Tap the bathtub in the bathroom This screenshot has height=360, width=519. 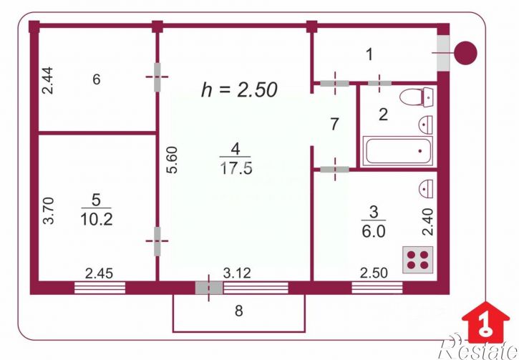pyautogui.click(x=397, y=151)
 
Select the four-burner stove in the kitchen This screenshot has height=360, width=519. pyautogui.click(x=418, y=260)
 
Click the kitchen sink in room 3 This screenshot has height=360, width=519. pyautogui.click(x=426, y=189)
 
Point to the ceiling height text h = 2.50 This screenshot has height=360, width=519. pyautogui.click(x=239, y=89)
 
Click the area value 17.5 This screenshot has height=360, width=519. pyautogui.click(x=236, y=168)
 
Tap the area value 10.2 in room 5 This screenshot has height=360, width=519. pyautogui.click(x=97, y=219)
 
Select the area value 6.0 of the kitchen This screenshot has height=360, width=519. pyautogui.click(x=374, y=232)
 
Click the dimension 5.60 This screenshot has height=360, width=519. pyautogui.click(x=173, y=160)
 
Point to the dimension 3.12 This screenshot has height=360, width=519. pyautogui.click(x=237, y=273)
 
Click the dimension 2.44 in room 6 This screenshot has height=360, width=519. pyautogui.click(x=47, y=80)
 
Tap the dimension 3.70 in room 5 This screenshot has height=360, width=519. pyautogui.click(x=49, y=210)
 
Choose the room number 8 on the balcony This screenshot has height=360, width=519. pyautogui.click(x=238, y=311)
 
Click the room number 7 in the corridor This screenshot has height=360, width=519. pyautogui.click(x=334, y=124)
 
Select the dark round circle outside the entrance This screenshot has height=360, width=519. pyautogui.click(x=465, y=53)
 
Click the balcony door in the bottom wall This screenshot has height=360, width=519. pyautogui.click(x=209, y=288)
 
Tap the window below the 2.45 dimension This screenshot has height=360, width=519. pyautogui.click(x=100, y=288)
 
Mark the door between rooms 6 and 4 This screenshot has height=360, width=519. pyautogui.click(x=157, y=77)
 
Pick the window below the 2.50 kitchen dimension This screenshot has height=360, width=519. pyautogui.click(x=377, y=288)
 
